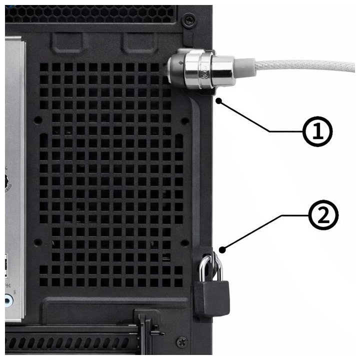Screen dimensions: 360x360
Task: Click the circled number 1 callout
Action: point(317,131)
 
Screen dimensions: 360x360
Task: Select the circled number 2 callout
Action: point(323,215)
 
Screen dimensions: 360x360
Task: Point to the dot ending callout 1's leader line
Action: point(219,100)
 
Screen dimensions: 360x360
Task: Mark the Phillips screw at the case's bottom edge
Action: point(180,343)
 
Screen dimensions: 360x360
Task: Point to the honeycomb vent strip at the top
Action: point(100,12)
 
